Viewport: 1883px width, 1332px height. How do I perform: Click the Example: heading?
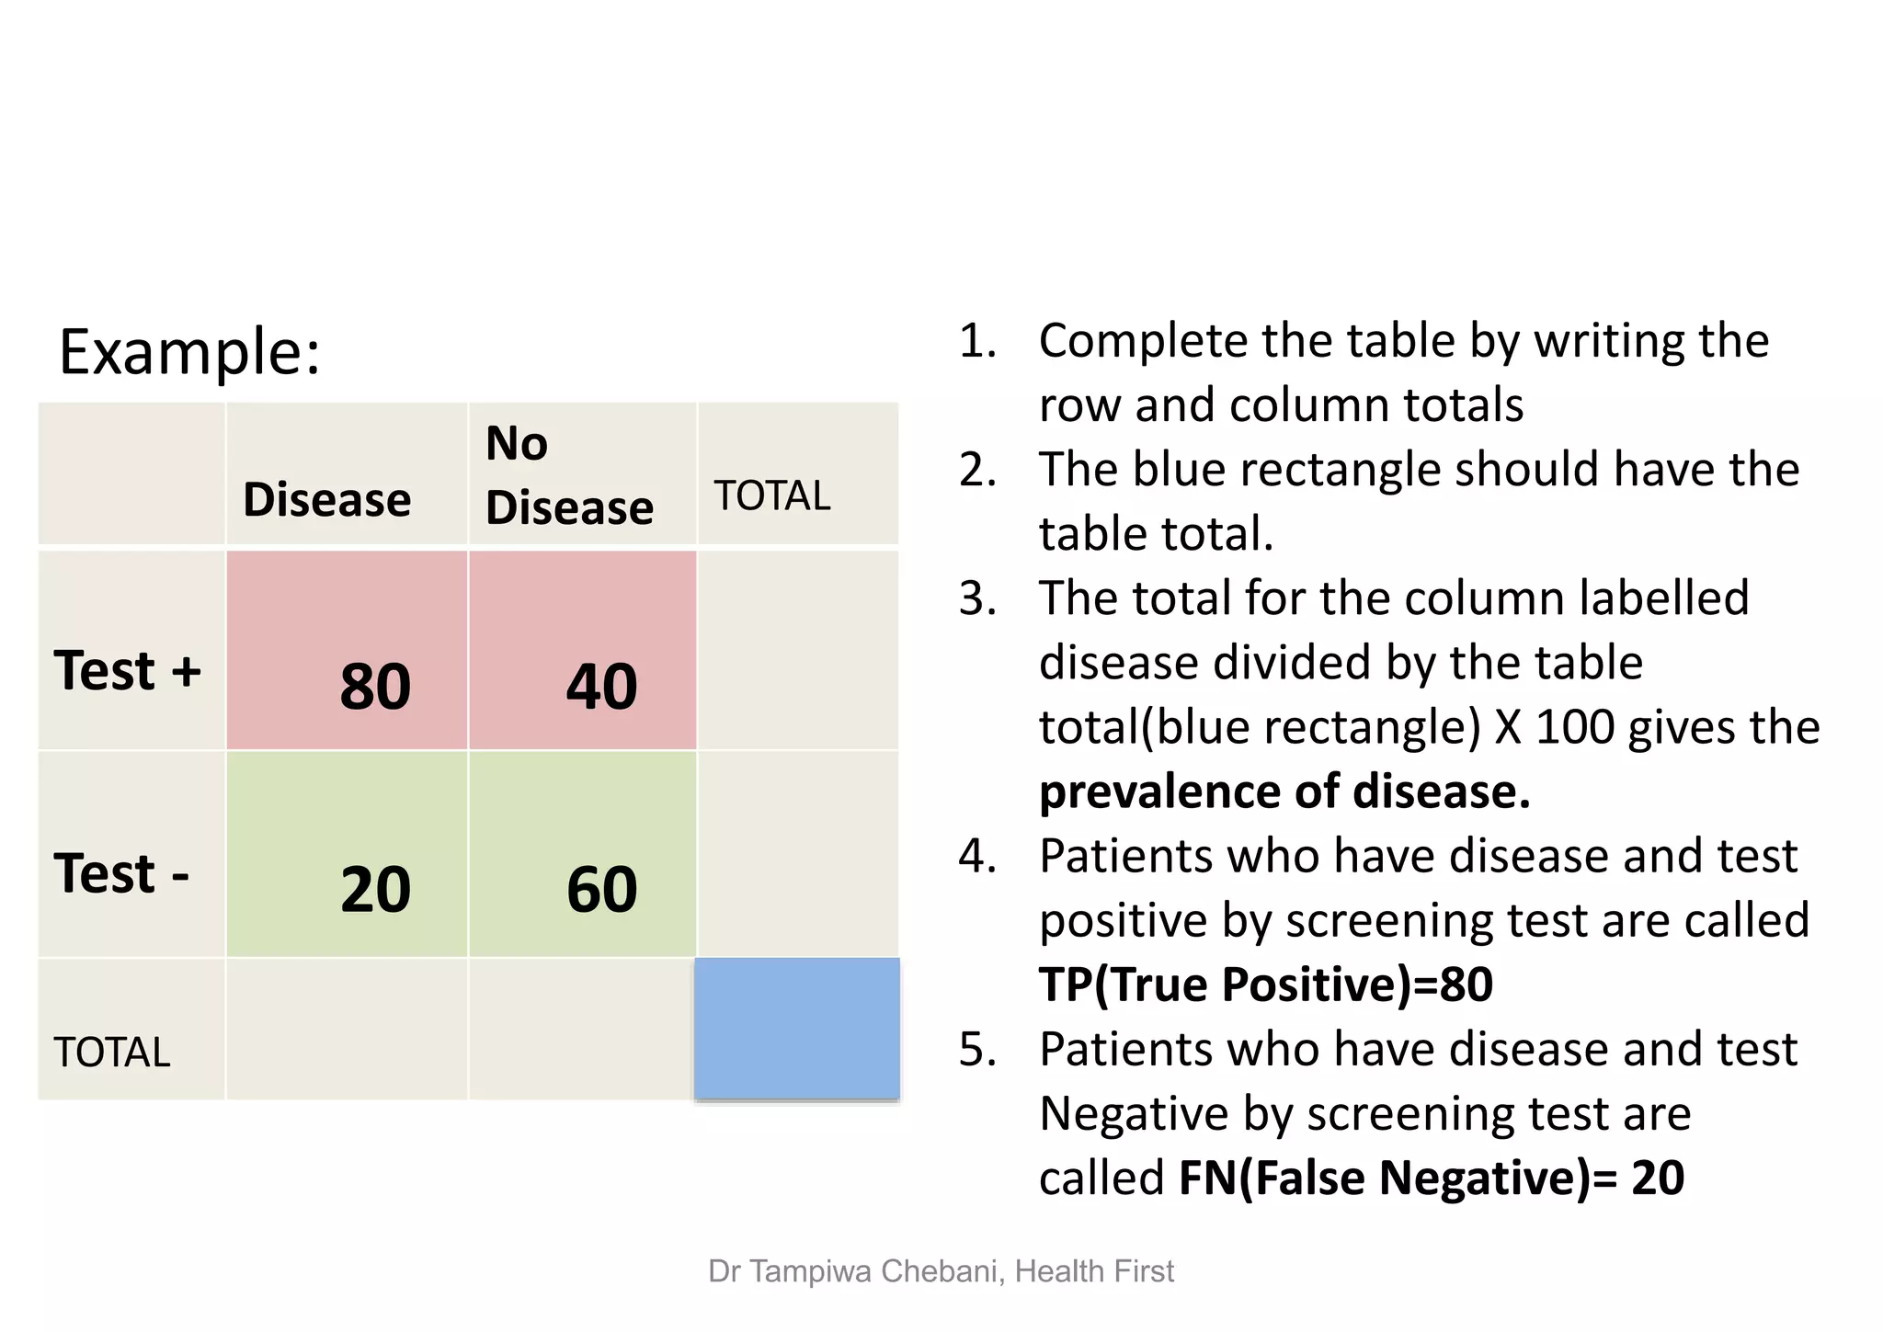click(x=189, y=352)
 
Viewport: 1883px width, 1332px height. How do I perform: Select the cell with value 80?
click(x=348, y=651)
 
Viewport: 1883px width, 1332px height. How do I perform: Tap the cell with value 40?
click(x=583, y=651)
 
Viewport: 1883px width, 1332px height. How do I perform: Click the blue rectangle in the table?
click(x=797, y=1029)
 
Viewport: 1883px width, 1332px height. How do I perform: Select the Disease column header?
click(x=327, y=500)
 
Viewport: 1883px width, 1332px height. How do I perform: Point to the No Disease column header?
click(x=568, y=475)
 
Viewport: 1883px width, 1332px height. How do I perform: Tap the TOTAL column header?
click(x=772, y=496)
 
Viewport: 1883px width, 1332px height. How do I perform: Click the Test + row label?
click(x=127, y=670)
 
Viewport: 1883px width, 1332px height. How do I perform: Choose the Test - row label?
click(x=121, y=873)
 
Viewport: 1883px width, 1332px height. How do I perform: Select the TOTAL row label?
click(x=112, y=1053)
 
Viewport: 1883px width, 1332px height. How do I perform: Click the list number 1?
click(x=977, y=341)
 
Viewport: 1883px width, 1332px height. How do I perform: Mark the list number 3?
click(x=977, y=598)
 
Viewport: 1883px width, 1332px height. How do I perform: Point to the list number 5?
click(x=977, y=1049)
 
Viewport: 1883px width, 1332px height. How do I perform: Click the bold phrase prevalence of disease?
click(x=1284, y=791)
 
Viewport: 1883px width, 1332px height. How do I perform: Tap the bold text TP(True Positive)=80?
click(x=1266, y=985)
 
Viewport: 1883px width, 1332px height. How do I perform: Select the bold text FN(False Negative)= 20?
click(x=1431, y=1178)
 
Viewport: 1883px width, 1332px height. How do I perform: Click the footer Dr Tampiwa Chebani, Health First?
click(x=941, y=1271)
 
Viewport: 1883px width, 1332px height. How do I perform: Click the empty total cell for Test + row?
click(x=797, y=651)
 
